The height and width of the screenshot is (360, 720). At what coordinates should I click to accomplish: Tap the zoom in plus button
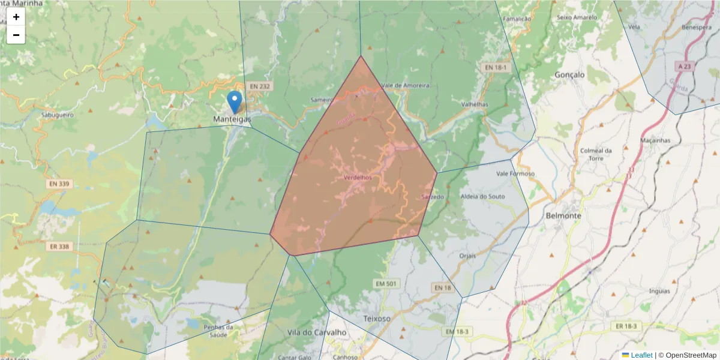(x=16, y=17)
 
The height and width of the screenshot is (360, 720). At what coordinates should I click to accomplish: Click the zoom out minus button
(x=16, y=35)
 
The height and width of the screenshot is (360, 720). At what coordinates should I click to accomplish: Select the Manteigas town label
(x=232, y=119)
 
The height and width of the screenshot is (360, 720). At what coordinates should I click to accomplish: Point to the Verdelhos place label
(x=358, y=178)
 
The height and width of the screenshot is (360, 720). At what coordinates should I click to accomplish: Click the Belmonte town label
(x=563, y=215)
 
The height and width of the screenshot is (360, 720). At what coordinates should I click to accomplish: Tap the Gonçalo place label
(x=569, y=75)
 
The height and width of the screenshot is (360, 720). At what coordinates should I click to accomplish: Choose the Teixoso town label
(x=376, y=318)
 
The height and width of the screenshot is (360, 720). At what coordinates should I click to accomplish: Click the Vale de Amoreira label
(x=406, y=85)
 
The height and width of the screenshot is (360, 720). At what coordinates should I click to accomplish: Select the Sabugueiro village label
(x=57, y=113)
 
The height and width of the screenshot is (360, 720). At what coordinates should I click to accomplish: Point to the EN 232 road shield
(x=260, y=86)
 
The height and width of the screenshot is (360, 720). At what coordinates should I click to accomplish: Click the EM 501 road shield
(x=385, y=283)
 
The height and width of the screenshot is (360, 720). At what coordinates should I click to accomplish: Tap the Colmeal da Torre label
(x=596, y=154)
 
